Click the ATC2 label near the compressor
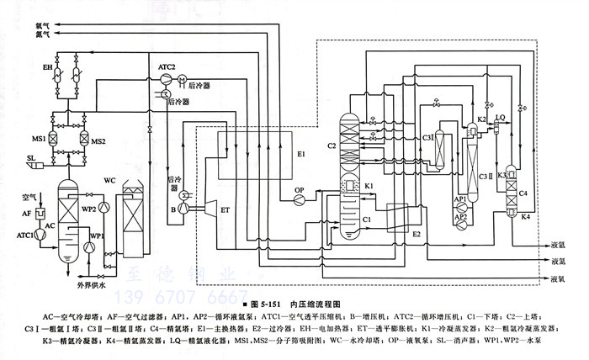pos(167,66)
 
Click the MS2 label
pos(99,139)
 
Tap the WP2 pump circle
pos(103,207)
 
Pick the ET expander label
pos(224,208)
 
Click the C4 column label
pos(523,193)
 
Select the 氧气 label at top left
pos(42,26)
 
